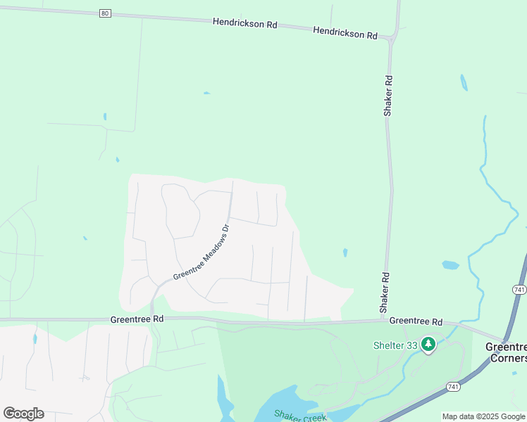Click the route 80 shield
click(105, 13)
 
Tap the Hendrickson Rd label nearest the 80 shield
click(244, 23)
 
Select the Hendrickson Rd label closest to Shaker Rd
click(345, 33)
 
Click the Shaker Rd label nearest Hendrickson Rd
click(387, 96)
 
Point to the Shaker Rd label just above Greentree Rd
click(385, 293)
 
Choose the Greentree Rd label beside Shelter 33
click(416, 321)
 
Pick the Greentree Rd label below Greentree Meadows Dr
click(137, 319)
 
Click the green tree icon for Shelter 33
click(428, 345)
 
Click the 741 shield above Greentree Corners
click(519, 290)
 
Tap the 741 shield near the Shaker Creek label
click(454, 387)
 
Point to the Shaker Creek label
click(301, 417)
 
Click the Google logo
click(23, 414)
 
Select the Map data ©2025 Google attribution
click(483, 416)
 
